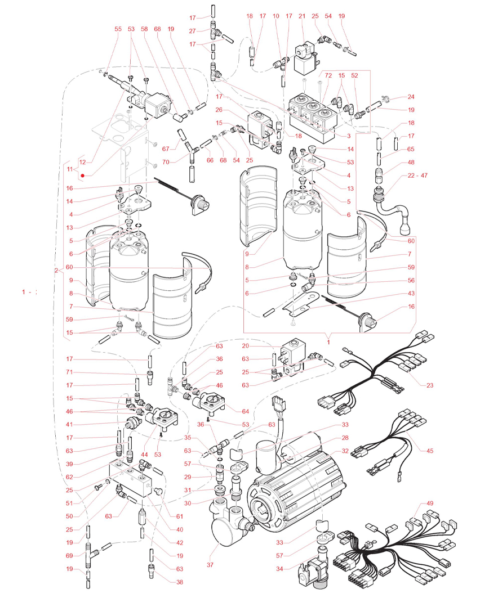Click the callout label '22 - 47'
tap(417, 176)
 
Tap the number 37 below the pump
tap(210, 564)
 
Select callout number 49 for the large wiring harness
tap(430, 503)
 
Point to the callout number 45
tap(430, 451)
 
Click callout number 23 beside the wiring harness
tap(430, 385)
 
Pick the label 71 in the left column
tap(69, 372)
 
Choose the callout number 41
tap(69, 424)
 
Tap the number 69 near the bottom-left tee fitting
tap(69, 556)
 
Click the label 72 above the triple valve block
tap(328, 75)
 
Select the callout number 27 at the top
tap(192, 31)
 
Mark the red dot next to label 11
tap(82, 176)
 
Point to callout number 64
tap(245, 411)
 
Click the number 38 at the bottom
tap(180, 582)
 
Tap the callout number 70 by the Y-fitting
tap(166, 162)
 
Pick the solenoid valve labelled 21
tap(305, 59)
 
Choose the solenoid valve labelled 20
tap(292, 357)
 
